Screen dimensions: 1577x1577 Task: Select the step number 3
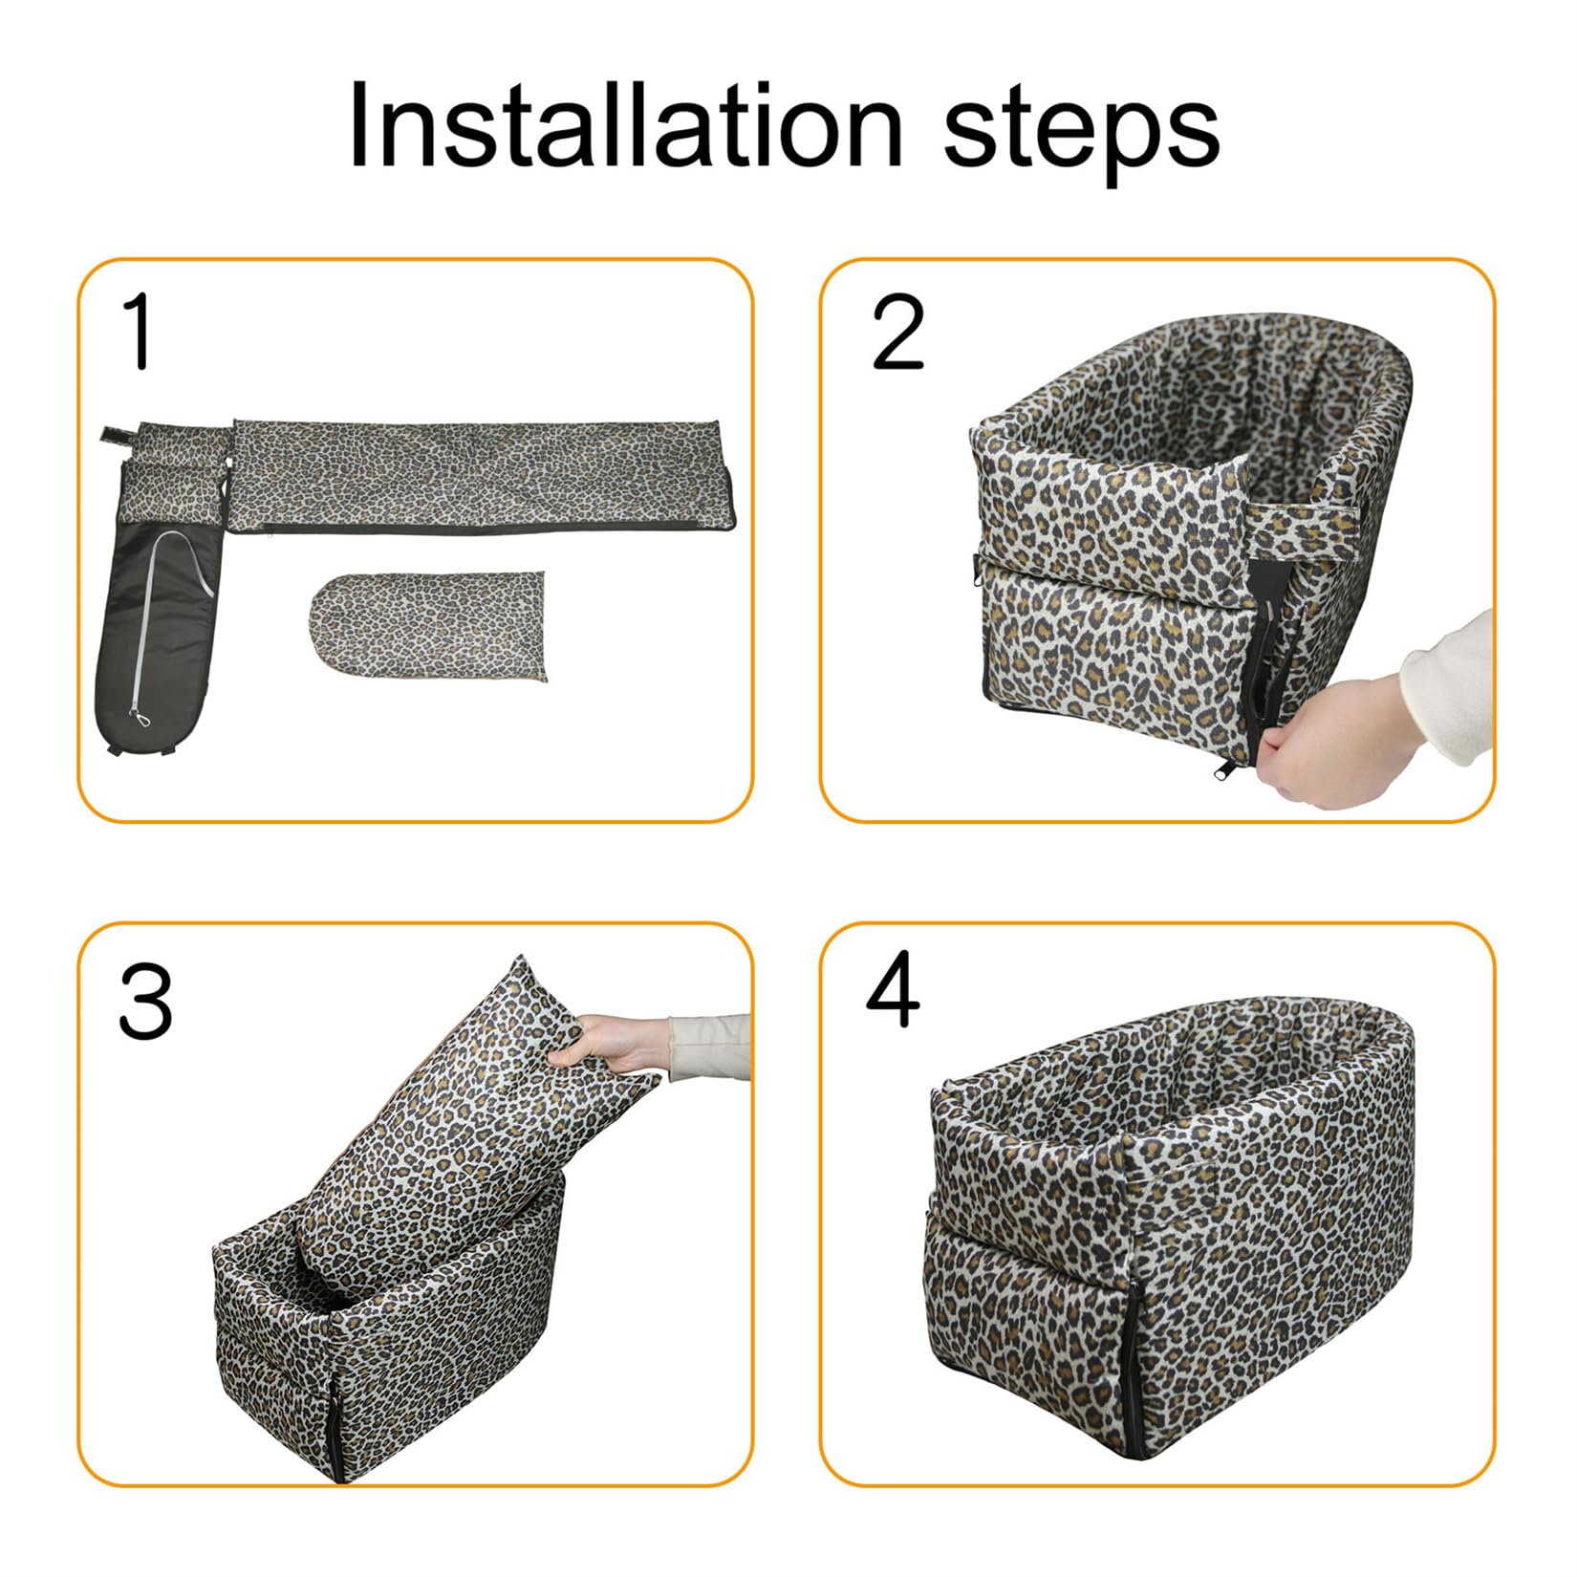145,1002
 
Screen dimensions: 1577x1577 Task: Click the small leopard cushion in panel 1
430,625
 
